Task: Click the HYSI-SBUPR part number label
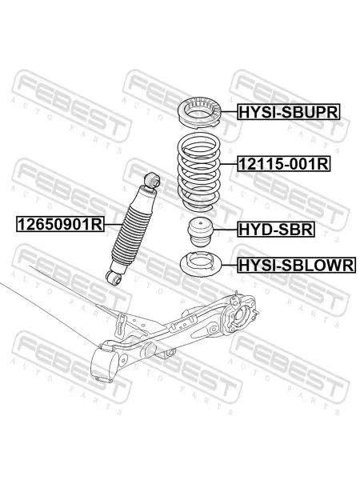click(x=288, y=112)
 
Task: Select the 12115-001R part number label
click(x=284, y=164)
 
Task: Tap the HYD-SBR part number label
click(x=276, y=229)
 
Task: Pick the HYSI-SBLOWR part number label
click(x=296, y=265)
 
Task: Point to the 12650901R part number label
click(x=60, y=224)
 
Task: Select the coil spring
click(x=199, y=171)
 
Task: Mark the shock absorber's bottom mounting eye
click(x=114, y=278)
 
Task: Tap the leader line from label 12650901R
click(x=114, y=224)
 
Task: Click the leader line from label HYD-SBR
click(x=225, y=230)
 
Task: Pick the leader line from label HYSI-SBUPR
click(x=230, y=112)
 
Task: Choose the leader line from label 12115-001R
click(x=228, y=164)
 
